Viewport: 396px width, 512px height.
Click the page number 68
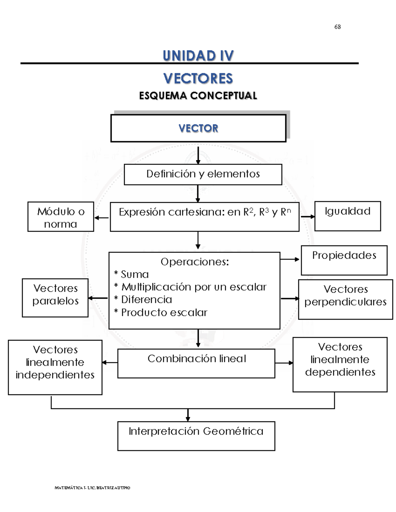click(x=337, y=27)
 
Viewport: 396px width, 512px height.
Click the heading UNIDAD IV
click(x=198, y=56)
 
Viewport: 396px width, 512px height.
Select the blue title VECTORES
click(x=198, y=78)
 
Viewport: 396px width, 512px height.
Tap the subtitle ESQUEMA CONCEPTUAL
click(x=198, y=96)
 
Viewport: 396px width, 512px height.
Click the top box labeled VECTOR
click(x=198, y=128)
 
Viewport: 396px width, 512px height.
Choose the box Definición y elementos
click(x=203, y=174)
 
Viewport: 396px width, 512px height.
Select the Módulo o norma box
click(x=61, y=217)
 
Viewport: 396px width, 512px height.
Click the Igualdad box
click(x=347, y=216)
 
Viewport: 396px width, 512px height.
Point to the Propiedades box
click(x=344, y=260)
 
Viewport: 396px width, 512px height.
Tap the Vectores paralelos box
click(x=55, y=297)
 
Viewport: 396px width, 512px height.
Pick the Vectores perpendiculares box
click(x=345, y=299)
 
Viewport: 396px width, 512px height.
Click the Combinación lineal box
click(x=196, y=363)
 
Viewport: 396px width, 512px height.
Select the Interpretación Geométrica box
click(x=196, y=436)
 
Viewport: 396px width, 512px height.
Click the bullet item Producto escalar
click(x=164, y=312)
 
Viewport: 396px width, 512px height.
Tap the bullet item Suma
click(x=135, y=274)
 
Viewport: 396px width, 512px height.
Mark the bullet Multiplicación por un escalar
click(x=194, y=287)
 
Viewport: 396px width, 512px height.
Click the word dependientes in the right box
click(x=340, y=372)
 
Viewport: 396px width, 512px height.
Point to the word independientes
click(x=55, y=375)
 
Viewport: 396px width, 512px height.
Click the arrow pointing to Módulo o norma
click(x=101, y=218)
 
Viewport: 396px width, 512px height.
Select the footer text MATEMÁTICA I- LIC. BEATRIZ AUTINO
click(x=92, y=488)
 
